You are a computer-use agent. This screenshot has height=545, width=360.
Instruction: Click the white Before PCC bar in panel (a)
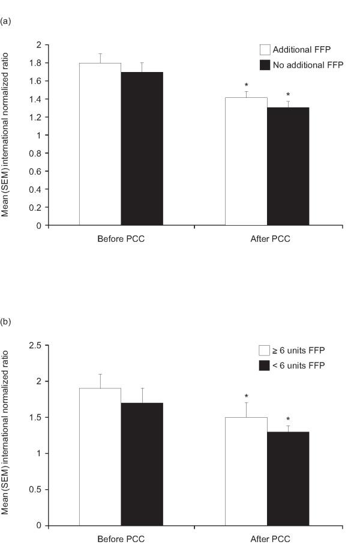coord(100,144)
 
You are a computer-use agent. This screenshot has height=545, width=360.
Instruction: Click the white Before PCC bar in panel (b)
coord(100,457)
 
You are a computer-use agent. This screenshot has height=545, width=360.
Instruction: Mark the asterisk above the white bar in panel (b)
coord(246,396)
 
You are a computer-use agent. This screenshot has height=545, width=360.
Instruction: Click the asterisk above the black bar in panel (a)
coord(288,95)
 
